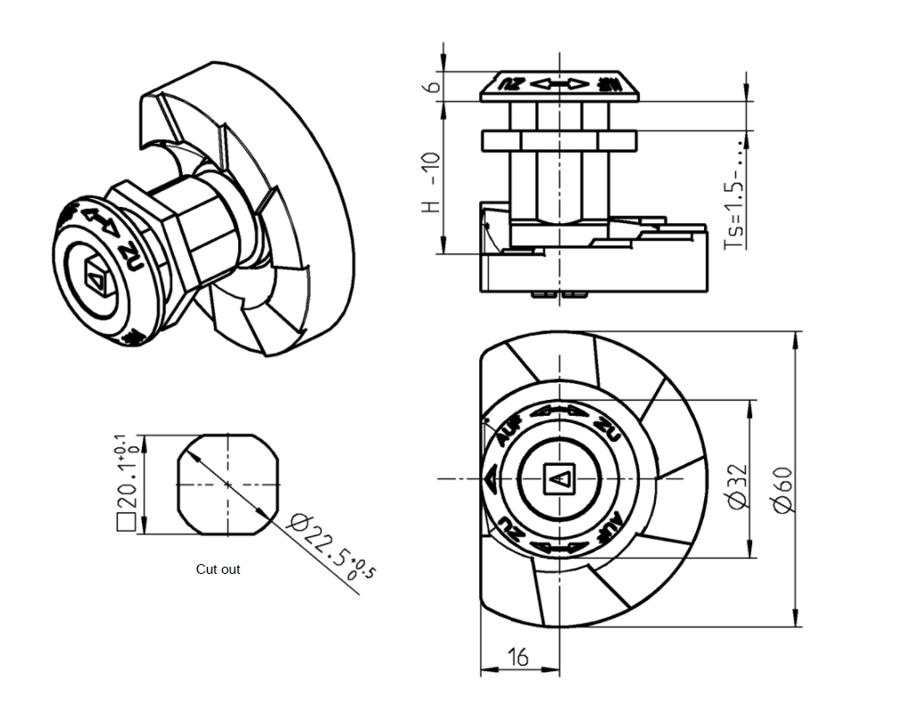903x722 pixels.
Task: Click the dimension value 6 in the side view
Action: (x=431, y=86)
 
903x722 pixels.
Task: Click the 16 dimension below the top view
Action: (x=518, y=658)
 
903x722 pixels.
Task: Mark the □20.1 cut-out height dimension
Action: (x=124, y=483)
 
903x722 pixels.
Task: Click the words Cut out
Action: (x=218, y=569)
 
